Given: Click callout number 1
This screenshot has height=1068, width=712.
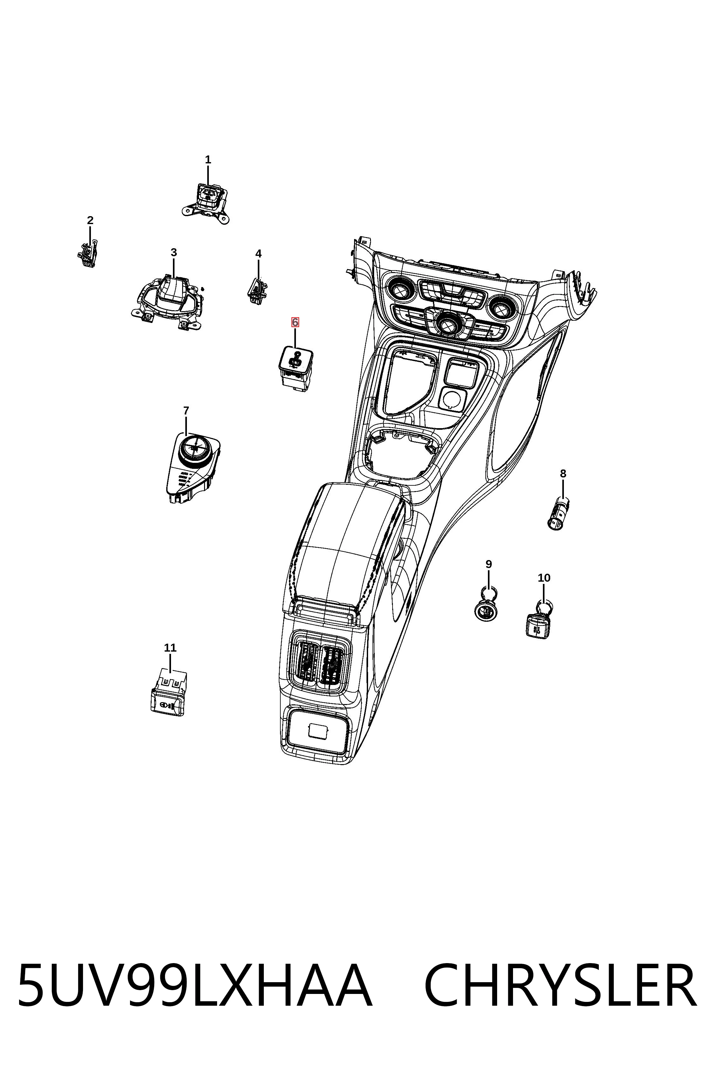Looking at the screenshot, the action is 208,160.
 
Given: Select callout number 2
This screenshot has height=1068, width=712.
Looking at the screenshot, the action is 90,220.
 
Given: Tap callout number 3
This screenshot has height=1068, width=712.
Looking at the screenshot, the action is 174,252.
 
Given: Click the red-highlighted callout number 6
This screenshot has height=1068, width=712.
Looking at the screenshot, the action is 295,322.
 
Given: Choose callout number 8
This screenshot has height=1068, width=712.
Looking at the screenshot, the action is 563,474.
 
